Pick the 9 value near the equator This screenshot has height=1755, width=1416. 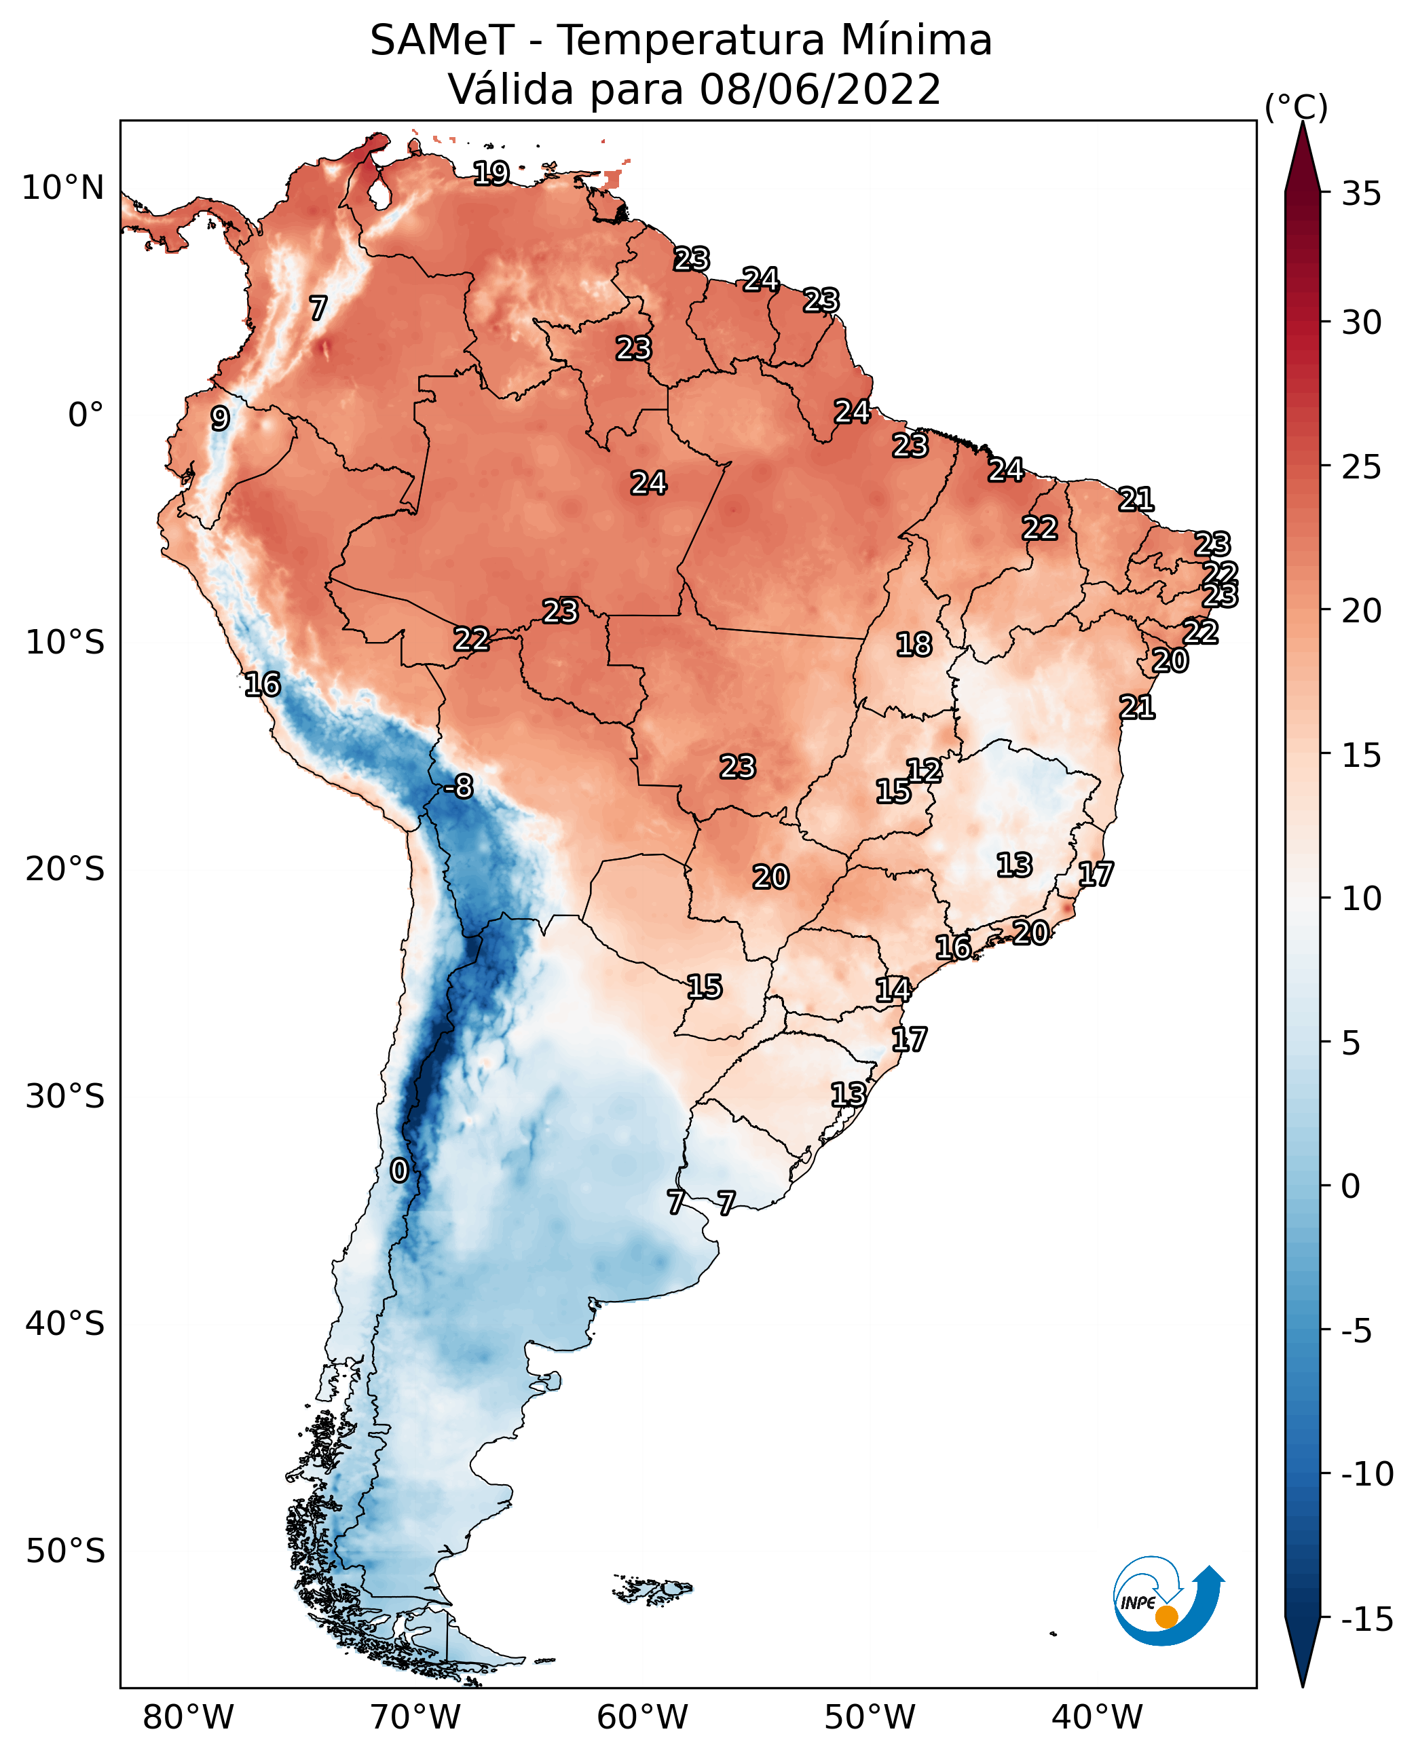tap(219, 418)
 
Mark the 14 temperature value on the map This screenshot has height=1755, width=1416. tap(893, 989)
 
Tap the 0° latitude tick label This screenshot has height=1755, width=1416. tap(86, 415)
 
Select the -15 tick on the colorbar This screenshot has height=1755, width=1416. tap(1367, 1619)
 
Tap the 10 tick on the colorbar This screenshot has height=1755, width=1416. tap(1361, 898)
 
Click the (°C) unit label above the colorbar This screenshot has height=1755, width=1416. tap(1296, 107)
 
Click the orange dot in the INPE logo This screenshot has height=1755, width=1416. tap(1166, 1617)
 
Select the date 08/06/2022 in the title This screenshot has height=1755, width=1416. tap(820, 89)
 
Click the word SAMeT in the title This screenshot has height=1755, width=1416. tap(442, 40)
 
